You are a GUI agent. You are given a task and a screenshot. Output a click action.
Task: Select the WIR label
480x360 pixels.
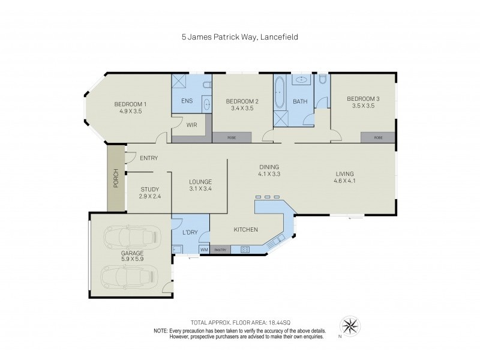(x=192, y=125)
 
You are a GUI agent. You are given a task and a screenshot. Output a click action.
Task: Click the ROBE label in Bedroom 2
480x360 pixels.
(x=231, y=137)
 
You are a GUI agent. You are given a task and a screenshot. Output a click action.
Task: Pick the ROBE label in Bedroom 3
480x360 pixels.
(x=378, y=137)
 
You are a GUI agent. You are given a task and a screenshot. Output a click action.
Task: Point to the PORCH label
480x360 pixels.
(x=116, y=179)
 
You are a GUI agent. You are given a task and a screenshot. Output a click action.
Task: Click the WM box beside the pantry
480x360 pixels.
(x=203, y=249)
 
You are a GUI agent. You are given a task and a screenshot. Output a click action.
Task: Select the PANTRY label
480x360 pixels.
(x=220, y=249)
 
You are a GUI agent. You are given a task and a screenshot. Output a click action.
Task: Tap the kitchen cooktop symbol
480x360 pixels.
(x=245, y=249)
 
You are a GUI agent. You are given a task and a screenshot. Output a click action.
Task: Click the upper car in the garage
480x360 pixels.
(x=133, y=238)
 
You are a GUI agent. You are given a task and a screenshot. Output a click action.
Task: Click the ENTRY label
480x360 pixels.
(x=148, y=158)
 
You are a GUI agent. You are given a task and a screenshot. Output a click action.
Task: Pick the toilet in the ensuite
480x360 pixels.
(x=206, y=85)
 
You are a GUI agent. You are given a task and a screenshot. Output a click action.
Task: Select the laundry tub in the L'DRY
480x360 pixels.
(x=177, y=249)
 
